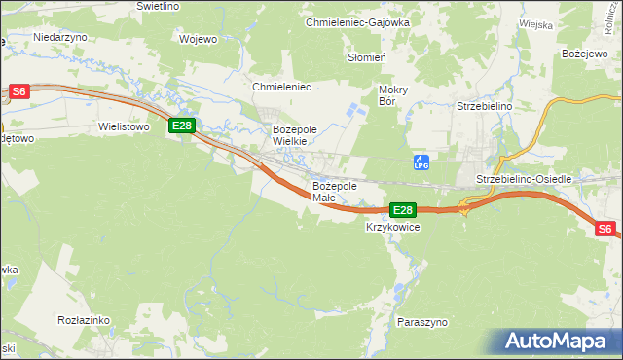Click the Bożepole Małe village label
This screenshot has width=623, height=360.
coord(335,192)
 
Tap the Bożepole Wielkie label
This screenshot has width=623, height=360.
coord(290,135)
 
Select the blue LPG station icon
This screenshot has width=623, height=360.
coord(421,162)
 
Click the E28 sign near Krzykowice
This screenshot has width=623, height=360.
coord(403,210)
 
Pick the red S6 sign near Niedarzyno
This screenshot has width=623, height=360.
coord(20,92)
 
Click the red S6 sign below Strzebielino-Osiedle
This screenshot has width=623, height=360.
coord(605,229)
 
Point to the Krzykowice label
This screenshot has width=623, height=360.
coord(392,228)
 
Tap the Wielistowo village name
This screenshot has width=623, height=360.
coord(124,126)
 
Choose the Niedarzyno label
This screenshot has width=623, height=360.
coord(60,36)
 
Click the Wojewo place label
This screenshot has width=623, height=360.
coord(198,40)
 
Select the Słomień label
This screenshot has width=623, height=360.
coord(368,57)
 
